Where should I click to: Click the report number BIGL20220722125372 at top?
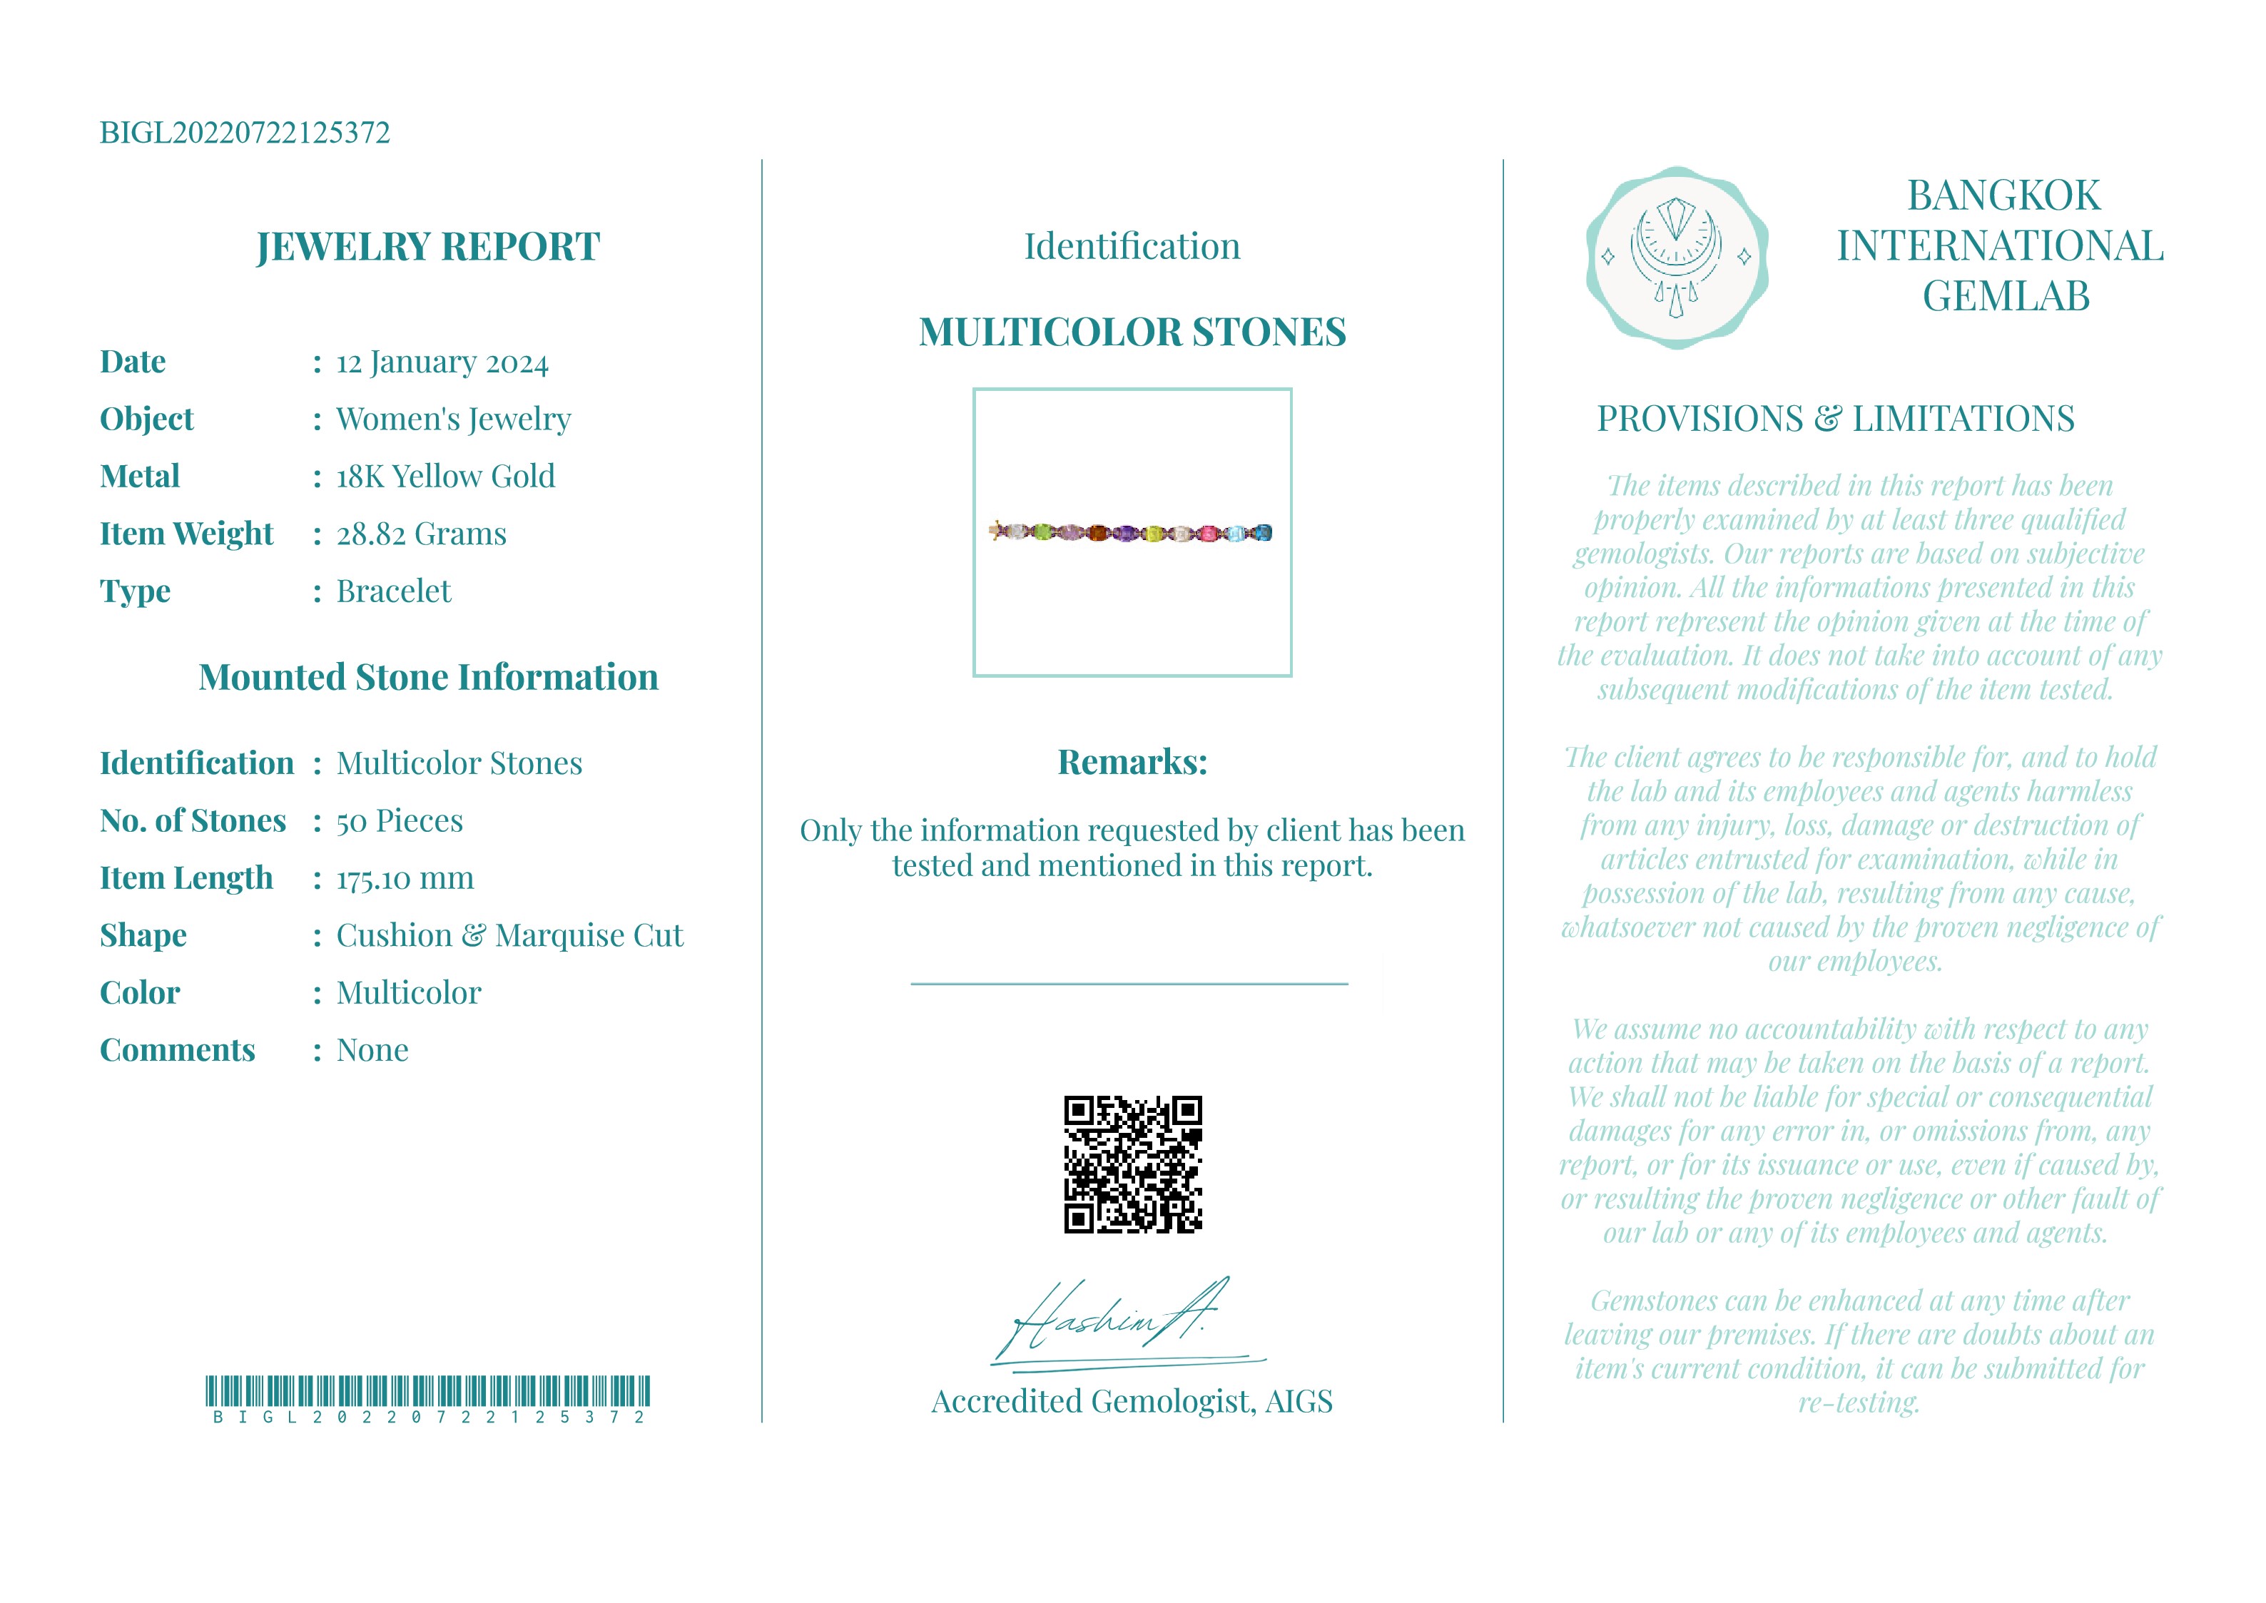pyautogui.click(x=245, y=132)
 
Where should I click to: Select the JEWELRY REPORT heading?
pyautogui.click(x=427, y=246)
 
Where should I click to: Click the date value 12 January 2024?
pyautogui.click(x=442, y=362)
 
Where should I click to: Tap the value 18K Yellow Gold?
pyautogui.click(x=445, y=477)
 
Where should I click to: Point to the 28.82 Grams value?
pyautogui.click(x=422, y=534)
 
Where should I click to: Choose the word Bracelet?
pyautogui.click(x=393, y=591)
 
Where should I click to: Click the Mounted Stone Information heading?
pyautogui.click(x=427, y=677)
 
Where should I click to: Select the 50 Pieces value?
pyautogui.click(x=399, y=821)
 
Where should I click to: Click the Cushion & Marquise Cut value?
pyautogui.click(x=509, y=936)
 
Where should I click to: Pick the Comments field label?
pyautogui.click(x=178, y=1050)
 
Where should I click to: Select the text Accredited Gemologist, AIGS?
pyautogui.click(x=1132, y=1402)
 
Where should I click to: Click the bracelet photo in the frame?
pyautogui.click(x=1131, y=533)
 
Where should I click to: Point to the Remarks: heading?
pyautogui.click(x=1132, y=762)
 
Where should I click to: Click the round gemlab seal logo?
pyautogui.click(x=1676, y=258)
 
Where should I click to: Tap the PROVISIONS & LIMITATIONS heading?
pyautogui.click(x=1836, y=419)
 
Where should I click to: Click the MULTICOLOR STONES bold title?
pyautogui.click(x=1132, y=332)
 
